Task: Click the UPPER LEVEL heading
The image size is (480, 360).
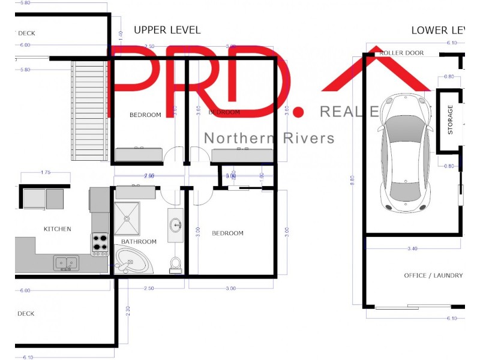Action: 167,30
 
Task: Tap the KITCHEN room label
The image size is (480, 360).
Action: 58,229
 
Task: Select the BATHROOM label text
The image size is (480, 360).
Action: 139,242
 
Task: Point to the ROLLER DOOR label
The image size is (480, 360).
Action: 401,53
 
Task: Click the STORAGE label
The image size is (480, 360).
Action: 451,120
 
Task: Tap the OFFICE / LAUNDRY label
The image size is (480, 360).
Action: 433,275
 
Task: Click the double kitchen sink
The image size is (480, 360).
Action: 66,262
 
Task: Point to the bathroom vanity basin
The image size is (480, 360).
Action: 176,226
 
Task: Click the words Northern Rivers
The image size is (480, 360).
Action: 269,139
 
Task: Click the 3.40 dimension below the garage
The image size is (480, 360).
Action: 412,247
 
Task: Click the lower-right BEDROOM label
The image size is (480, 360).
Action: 228,233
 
